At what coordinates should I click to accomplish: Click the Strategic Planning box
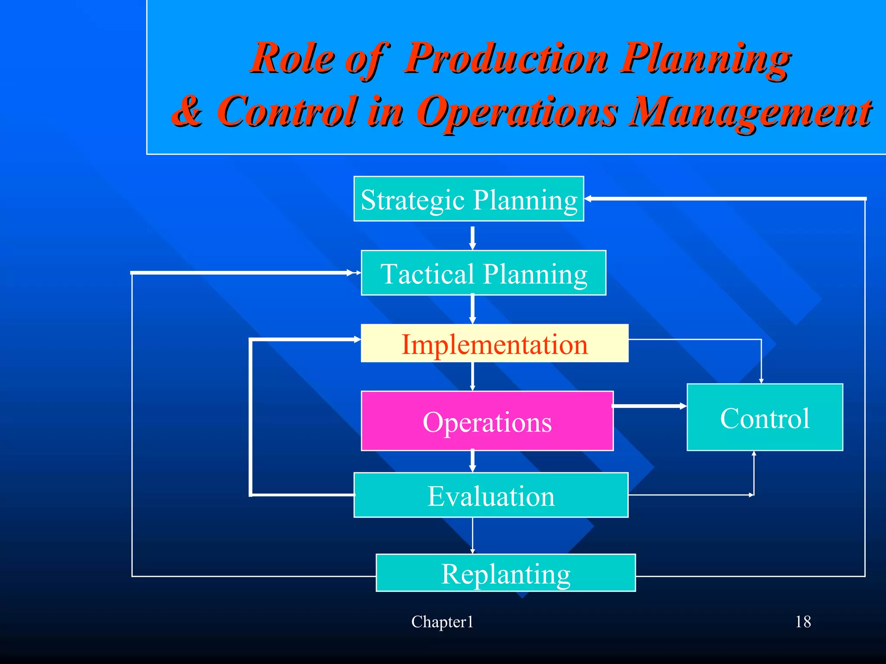pos(469,199)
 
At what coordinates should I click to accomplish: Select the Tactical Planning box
pos(483,273)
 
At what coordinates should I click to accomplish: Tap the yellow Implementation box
pos(494,343)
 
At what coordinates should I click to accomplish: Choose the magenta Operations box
pos(487,421)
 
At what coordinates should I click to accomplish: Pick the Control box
pos(764,417)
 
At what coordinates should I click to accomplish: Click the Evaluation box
pos(491,495)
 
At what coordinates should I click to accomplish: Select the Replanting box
pos(505,573)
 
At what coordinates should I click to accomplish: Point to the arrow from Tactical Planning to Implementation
pos(472,309)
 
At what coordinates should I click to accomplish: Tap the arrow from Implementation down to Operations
pos(472,376)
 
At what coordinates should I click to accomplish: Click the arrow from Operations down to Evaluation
pos(472,461)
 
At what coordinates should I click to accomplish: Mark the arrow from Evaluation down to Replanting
pos(472,535)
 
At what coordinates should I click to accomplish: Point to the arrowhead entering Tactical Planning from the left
pos(356,273)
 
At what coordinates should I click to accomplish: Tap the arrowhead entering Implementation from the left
pos(357,340)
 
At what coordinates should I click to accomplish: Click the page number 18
pos(803,622)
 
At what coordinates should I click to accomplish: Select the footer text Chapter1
pos(442,622)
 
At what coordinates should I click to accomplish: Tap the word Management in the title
pos(750,112)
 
